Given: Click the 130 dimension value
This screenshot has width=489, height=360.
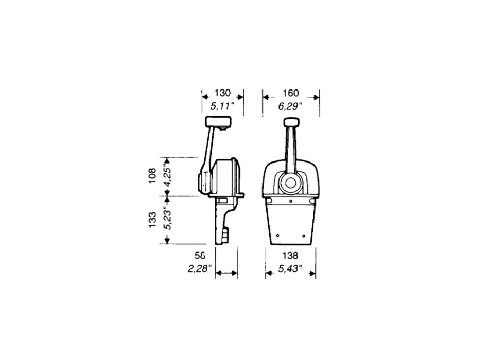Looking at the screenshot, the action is pos(223,93).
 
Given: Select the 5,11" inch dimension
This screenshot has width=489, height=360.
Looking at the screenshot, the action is pos(222,106).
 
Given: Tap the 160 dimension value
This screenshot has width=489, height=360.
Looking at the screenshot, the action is pos(291,93).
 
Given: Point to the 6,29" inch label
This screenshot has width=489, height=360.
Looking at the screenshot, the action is pos(290,106).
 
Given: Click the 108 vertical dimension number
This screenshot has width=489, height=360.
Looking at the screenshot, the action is pos(152,176).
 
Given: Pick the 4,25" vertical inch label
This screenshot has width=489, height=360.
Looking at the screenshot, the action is pos(168,176).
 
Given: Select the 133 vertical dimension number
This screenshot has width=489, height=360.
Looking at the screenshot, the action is pos(152,220).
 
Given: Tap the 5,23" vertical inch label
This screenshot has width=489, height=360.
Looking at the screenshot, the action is pos(168,218).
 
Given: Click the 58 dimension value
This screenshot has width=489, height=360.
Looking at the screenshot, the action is pos(200,256).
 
